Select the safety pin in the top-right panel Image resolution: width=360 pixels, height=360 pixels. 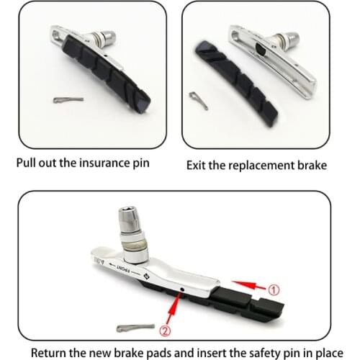click(x=198, y=101)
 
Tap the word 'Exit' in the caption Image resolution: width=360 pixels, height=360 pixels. click(x=199, y=165)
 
